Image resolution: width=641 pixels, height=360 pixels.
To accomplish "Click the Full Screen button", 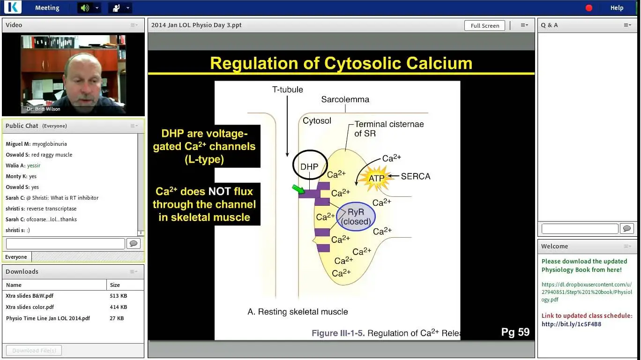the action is (484, 25).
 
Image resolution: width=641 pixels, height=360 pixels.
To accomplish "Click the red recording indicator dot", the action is (589, 7).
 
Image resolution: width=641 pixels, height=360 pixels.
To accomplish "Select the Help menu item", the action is (617, 7).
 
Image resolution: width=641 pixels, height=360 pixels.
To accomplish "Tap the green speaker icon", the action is (85, 7).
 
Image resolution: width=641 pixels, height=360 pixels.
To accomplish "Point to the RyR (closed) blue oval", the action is (356, 217).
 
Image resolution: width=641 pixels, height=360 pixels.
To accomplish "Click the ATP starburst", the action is (376, 178).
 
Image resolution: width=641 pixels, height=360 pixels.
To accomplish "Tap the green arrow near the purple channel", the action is (298, 189).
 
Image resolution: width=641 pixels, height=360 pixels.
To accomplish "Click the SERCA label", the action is (415, 176).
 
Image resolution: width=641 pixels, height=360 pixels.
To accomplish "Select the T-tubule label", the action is (287, 90).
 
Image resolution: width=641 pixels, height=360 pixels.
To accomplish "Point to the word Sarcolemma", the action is (345, 99).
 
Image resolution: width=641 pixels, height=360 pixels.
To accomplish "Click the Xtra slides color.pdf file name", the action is (30, 307).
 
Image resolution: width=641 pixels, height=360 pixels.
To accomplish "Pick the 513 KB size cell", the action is (118, 296).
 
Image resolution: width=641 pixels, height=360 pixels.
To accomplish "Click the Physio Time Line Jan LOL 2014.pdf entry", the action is (48, 318).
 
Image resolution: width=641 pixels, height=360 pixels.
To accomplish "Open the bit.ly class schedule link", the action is (571, 324).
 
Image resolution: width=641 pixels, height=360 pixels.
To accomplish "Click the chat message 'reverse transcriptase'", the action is (52, 209).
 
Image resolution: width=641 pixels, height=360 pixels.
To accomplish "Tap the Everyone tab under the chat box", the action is (16, 257).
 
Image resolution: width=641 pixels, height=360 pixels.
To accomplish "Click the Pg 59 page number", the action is (515, 332).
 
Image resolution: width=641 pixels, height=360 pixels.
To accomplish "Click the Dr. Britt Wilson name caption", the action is (43, 109).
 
